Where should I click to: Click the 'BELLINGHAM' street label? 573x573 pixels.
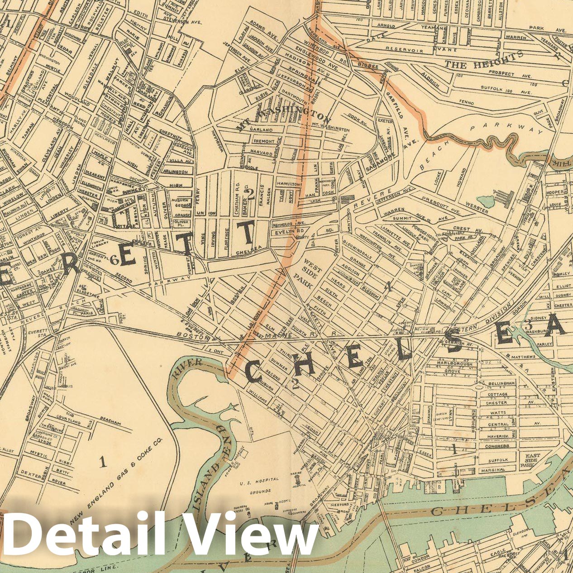(x=501, y=383)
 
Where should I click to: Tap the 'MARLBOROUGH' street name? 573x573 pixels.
(x=454, y=363)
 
